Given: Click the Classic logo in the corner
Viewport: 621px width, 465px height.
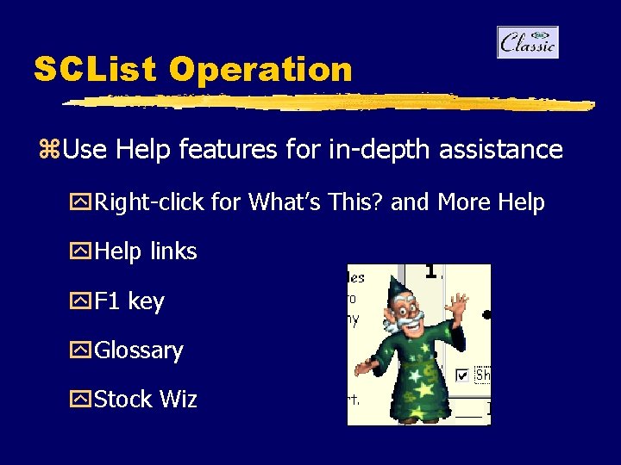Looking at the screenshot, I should (528, 42).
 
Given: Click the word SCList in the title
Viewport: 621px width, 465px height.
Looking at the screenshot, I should (94, 70).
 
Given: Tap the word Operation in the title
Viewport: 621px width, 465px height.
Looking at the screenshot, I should (260, 70).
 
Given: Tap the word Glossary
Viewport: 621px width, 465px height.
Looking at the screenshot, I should (139, 351).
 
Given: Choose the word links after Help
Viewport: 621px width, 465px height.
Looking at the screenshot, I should (173, 251).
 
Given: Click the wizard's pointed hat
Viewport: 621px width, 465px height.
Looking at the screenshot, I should (399, 290).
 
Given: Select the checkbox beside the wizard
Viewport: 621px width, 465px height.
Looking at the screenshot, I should (462, 375).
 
